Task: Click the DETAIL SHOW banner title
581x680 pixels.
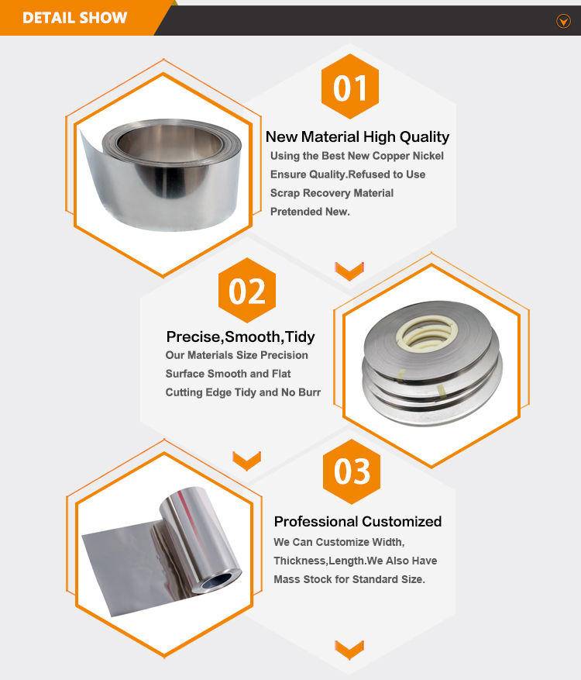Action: (x=74, y=18)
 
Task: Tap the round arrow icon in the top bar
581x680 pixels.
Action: (x=563, y=20)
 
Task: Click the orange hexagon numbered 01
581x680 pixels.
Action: (x=349, y=86)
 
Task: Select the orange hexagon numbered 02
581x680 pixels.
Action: (x=247, y=290)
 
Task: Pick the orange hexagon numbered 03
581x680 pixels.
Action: (x=352, y=471)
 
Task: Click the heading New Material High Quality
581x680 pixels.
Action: (x=357, y=136)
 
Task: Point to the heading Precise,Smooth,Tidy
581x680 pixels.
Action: (x=240, y=337)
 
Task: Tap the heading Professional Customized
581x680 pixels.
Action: (x=358, y=521)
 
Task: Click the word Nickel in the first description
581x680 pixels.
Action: (x=428, y=156)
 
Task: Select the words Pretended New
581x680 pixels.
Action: (x=310, y=212)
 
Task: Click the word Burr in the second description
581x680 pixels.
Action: (x=309, y=392)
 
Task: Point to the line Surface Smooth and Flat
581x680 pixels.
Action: (x=228, y=374)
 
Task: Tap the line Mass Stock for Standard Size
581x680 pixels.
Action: (x=349, y=579)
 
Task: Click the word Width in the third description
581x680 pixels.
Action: (x=390, y=542)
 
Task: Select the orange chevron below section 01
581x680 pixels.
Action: (x=349, y=271)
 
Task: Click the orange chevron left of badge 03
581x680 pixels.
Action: (x=246, y=461)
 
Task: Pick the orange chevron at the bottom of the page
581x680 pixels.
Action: (x=349, y=650)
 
